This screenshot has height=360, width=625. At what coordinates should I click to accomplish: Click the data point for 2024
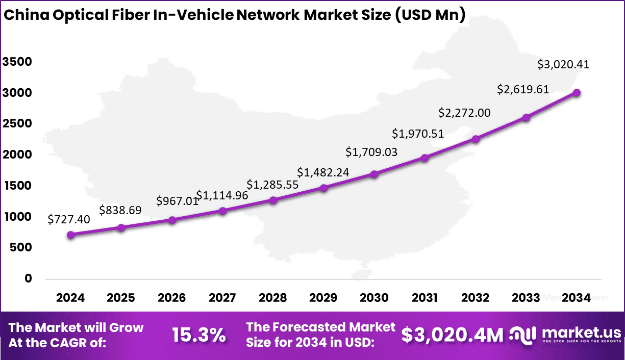(71, 235)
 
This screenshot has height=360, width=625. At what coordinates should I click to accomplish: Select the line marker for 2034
(577, 93)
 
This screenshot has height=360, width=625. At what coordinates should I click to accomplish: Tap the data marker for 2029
(323, 188)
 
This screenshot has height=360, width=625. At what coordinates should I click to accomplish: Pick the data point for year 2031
(424, 158)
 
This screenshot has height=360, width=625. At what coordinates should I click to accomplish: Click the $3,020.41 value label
(564, 65)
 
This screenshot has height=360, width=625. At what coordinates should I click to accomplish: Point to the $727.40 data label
(69, 219)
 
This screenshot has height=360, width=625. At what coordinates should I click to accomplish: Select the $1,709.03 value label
(371, 152)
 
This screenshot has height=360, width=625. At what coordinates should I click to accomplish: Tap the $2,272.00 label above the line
(465, 113)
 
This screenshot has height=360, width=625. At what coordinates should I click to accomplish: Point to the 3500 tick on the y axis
(17, 62)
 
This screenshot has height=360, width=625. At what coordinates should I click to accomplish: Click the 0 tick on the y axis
(29, 278)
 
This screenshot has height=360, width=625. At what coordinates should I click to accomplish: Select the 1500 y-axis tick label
(17, 186)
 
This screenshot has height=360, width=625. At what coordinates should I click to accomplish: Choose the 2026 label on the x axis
(172, 298)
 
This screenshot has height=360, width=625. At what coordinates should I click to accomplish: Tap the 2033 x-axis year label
(526, 298)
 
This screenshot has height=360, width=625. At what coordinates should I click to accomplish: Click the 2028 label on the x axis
(273, 298)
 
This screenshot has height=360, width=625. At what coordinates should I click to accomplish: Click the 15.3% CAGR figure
(198, 335)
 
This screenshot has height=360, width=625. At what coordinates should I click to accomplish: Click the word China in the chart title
(26, 15)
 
